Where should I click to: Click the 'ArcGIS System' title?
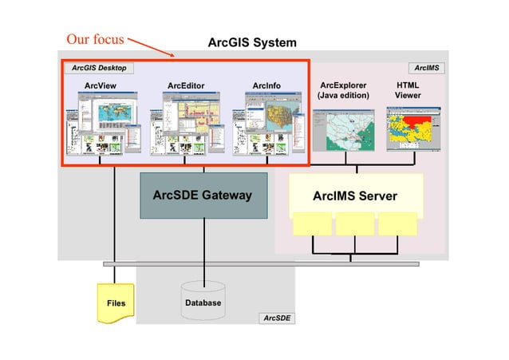coord(251,42)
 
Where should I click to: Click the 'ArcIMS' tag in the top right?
coord(426,68)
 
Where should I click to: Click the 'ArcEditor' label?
coord(186,85)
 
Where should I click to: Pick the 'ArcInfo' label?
coord(266,85)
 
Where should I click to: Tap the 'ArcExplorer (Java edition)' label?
coord(343,89)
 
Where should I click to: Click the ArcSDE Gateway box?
coord(203,196)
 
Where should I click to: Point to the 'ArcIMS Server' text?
coord(354,196)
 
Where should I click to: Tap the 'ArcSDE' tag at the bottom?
coord(277,318)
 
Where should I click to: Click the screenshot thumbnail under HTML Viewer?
coord(413,129)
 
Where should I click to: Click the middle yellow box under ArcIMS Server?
coord(355,224)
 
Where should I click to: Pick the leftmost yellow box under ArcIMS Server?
coord(312,224)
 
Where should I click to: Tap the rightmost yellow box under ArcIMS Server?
coord(397,224)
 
